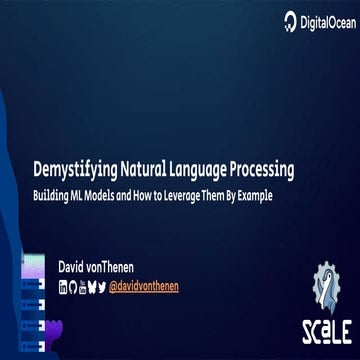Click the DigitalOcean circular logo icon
tap(290, 20)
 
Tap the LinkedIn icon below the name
tap(64, 287)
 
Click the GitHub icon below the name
tap(74, 287)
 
